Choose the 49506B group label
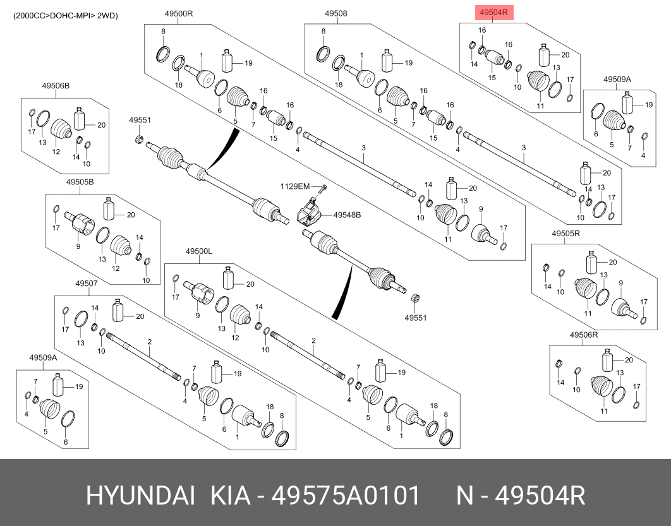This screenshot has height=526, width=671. [56, 86]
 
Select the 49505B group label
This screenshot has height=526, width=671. [80, 182]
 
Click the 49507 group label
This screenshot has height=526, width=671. [87, 283]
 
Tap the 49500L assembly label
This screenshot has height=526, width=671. [199, 251]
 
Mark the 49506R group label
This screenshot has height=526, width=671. [583, 334]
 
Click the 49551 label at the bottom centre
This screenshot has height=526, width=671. [416, 318]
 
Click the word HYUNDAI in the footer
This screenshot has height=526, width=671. [140, 496]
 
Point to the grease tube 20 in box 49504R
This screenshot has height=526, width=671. [544, 55]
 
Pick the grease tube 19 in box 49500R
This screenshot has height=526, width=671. [227, 61]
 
